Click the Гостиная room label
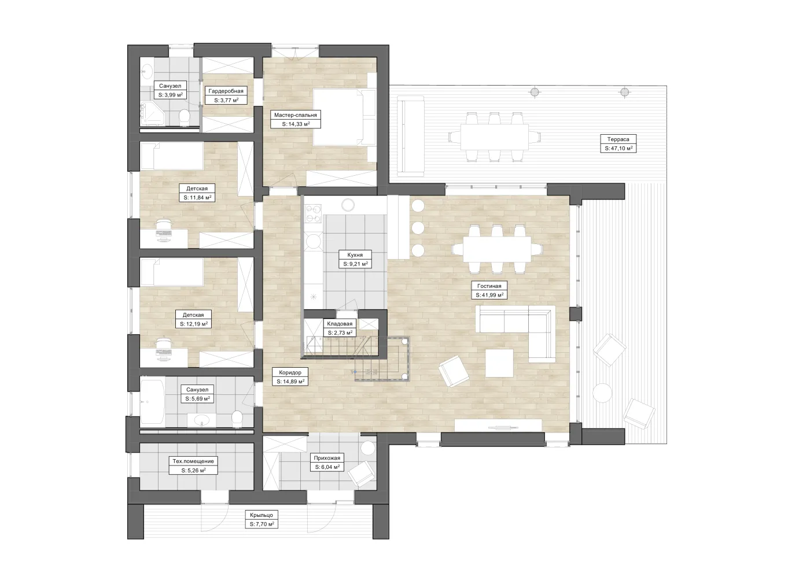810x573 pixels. [489, 286]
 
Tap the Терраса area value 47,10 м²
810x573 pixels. [618, 148]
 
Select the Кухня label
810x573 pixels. [355, 255]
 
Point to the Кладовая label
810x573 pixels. [340, 324]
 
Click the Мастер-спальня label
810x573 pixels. [296, 115]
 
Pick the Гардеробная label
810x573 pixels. [226, 91]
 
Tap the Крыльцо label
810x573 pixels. [262, 515]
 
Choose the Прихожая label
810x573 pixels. [327, 458]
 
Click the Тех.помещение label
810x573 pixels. [193, 461]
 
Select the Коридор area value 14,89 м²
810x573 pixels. [290, 381]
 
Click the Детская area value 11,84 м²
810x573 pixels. [197, 197]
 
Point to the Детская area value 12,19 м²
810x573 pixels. [193, 324]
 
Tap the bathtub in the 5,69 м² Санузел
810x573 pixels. [152, 401]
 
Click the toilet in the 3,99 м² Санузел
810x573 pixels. [185, 117]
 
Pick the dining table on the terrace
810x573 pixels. [494, 137]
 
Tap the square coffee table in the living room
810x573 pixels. [499, 363]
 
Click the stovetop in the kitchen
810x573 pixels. [313, 213]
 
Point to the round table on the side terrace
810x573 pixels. [602, 393]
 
